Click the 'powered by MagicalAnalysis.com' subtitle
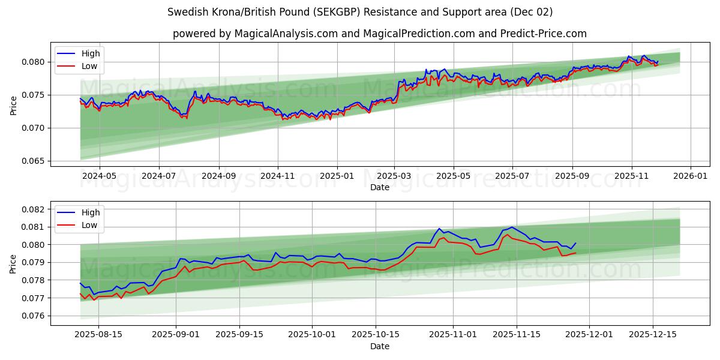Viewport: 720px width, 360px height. [x=379, y=34]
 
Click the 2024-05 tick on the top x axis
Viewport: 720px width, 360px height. [x=99, y=176]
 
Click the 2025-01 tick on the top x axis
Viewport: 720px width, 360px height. [x=337, y=176]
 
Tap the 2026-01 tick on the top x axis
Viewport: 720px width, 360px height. [x=690, y=176]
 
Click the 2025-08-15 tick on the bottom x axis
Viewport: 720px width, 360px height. [x=98, y=335]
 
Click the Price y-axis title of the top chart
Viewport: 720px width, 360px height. [x=13, y=105]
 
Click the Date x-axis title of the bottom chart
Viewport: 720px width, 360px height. [x=379, y=346]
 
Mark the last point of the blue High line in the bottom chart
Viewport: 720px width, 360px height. [x=575, y=243]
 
